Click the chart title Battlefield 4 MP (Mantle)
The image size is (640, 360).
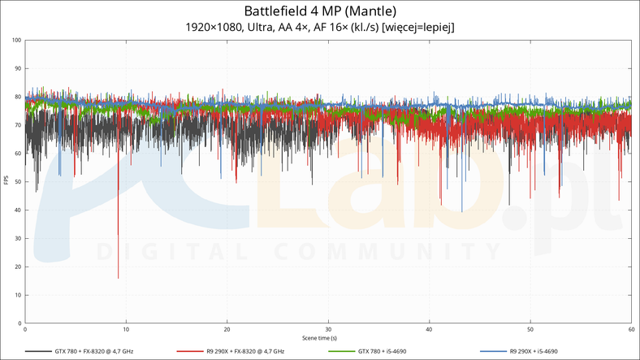[x=320, y=11]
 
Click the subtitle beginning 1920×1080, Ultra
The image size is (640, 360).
[x=320, y=28]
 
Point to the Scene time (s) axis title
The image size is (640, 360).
[x=320, y=337]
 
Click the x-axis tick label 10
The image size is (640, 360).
[x=126, y=329]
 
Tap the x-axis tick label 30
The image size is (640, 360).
[x=328, y=329]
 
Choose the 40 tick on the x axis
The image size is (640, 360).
[x=429, y=329]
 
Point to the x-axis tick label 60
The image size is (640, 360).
[x=630, y=329]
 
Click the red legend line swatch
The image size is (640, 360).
[x=187, y=351]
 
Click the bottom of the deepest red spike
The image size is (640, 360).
[x=119, y=278]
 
